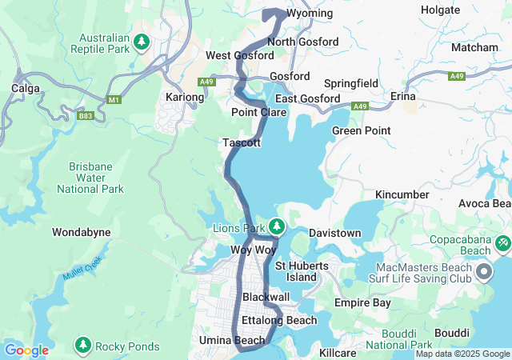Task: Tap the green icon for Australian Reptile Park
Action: pos(142,41)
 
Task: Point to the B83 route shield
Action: pos(86,117)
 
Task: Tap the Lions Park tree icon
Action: pos(277,227)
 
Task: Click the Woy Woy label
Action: pos(253,250)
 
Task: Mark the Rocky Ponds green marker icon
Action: pos(82,346)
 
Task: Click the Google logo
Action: pos(26,350)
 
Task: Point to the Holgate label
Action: pos(441,10)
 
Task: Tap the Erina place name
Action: pos(402,95)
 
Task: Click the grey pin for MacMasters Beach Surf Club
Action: pos(484,274)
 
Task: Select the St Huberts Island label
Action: pos(296,271)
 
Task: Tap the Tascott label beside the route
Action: pos(242,142)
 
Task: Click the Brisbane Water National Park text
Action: pos(90,177)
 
